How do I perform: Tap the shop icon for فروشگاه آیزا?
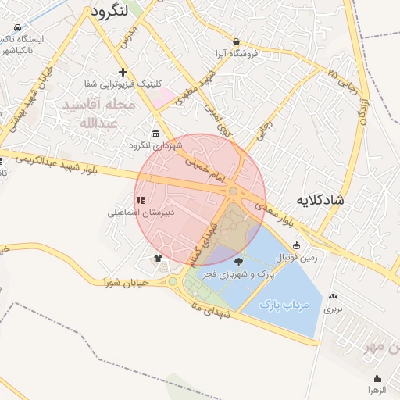click(237, 42)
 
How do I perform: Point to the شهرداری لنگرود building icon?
click(157, 134)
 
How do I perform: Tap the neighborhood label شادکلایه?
click(320, 201)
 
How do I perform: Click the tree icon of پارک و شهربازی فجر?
click(238, 262)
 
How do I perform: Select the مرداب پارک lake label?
click(284, 303)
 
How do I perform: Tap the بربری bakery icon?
click(334, 296)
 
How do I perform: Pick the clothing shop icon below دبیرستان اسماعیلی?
click(158, 257)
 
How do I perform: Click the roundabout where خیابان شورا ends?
click(173, 281)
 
